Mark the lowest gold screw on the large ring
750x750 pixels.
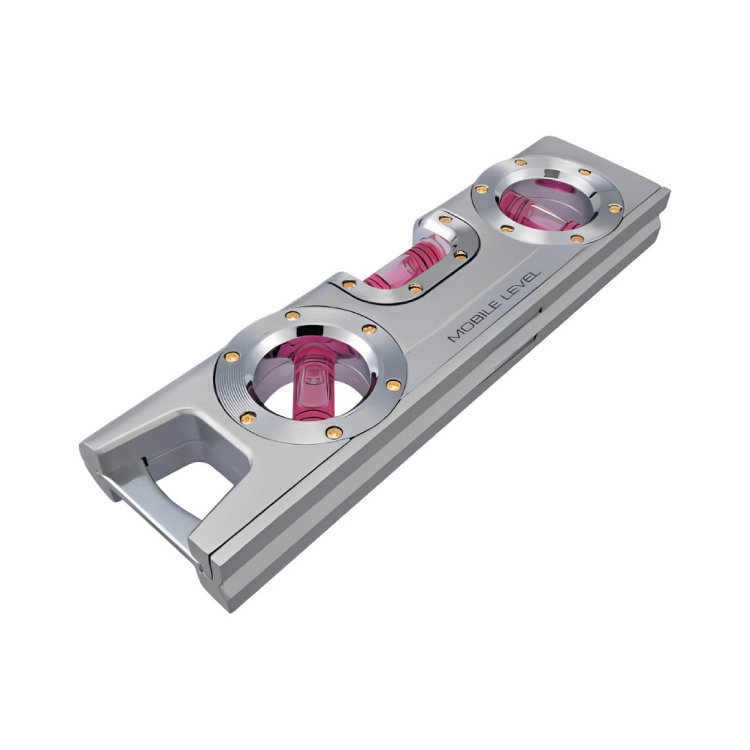[x=334, y=433]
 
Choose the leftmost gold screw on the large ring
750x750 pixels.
[x=232, y=356]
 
